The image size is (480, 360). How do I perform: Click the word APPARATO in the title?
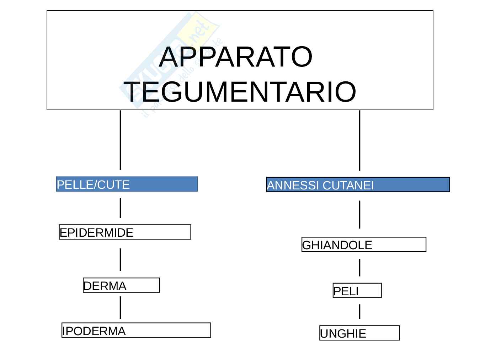click(235, 57)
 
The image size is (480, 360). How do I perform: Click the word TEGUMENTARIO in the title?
click(241, 92)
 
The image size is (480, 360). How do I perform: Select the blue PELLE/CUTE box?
click(127, 184)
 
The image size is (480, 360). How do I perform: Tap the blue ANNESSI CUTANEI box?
click(358, 185)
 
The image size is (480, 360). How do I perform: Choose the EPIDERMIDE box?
click(125, 232)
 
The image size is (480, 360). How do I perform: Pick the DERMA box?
click(121, 285)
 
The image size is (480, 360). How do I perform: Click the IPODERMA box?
click(136, 330)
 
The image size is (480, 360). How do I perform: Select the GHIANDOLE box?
click(364, 245)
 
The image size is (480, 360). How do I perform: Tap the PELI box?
click(357, 291)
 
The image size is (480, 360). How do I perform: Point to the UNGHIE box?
click(359, 333)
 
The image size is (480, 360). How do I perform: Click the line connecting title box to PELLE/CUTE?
click(120, 140)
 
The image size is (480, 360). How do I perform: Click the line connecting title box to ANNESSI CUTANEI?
click(359, 140)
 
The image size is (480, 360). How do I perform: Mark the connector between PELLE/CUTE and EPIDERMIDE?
click(120, 208)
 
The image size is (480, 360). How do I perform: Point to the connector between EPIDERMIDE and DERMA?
click(120, 259)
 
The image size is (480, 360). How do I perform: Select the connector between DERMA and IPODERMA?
click(120, 307)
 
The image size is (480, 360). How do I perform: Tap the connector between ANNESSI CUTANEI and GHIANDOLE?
click(359, 214)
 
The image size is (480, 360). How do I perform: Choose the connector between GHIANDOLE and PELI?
click(359, 268)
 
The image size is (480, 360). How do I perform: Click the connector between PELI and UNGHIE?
click(359, 312)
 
